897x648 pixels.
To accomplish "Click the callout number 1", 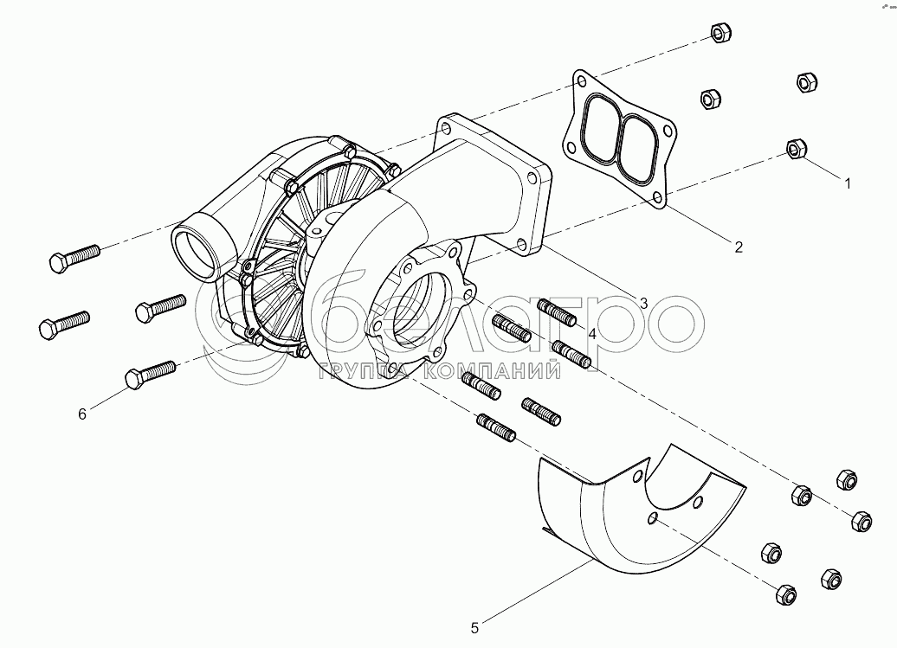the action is [848, 183].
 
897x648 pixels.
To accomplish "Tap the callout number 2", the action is [739, 247].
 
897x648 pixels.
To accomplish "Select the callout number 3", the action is [643, 304].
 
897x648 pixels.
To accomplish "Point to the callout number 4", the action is [592, 334].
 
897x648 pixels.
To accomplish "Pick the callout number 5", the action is [474, 628].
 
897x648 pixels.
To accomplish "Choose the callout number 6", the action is [82, 414].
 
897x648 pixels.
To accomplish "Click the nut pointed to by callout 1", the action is [796, 149].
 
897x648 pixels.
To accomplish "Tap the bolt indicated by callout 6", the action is [150, 375].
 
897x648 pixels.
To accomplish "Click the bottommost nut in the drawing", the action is [786, 594].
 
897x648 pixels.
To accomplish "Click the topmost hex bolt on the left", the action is [74, 258].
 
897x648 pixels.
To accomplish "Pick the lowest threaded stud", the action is [496, 427].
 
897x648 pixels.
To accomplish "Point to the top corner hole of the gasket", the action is [582, 80].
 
